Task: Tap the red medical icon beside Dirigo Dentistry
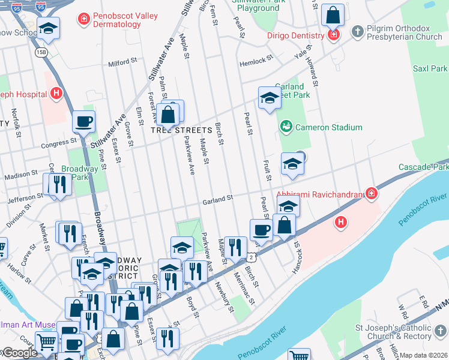pyautogui.click(x=334, y=35)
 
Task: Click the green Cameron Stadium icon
pyautogui.click(x=286, y=127)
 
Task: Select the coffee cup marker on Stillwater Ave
pyautogui.click(x=83, y=121)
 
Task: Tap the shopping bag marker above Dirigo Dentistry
pyautogui.click(x=333, y=14)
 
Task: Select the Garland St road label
pyautogui.click(x=217, y=199)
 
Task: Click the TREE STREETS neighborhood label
pyautogui.click(x=181, y=130)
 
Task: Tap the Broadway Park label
pyautogui.click(x=75, y=173)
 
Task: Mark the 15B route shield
pyautogui.click(x=41, y=52)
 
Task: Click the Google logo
pyautogui.click(x=19, y=353)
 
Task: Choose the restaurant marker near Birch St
pyautogui.click(x=235, y=247)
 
